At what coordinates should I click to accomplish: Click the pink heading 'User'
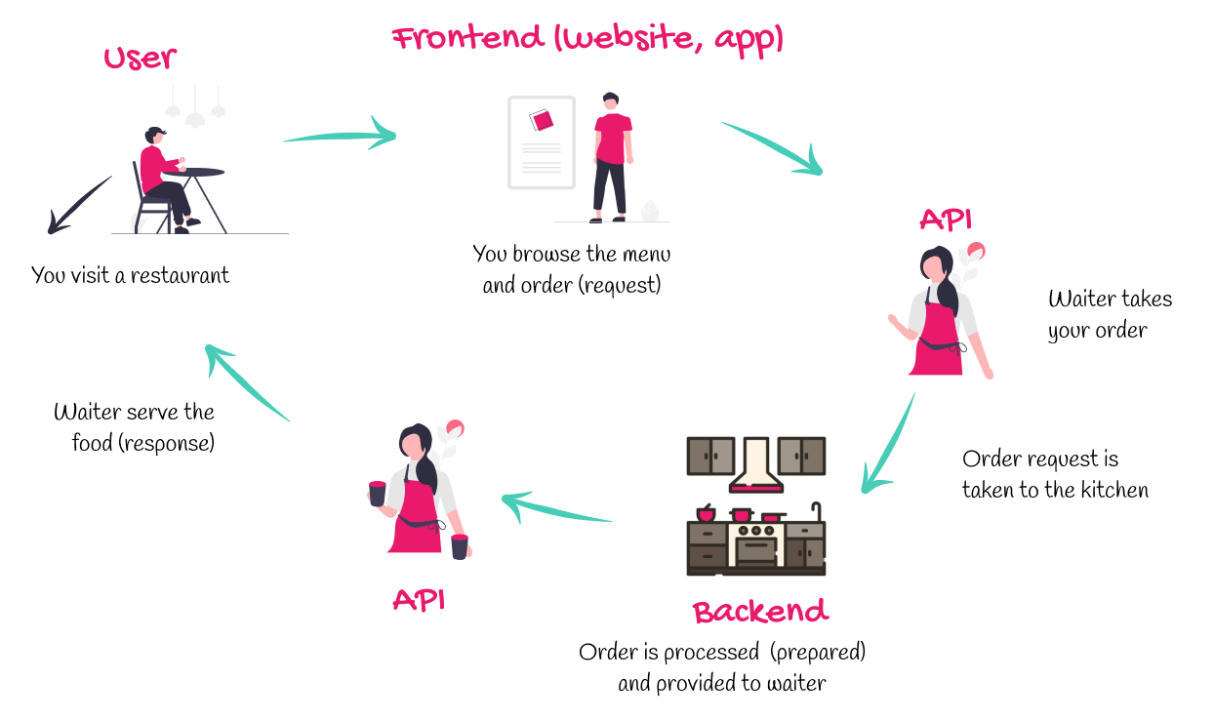141,58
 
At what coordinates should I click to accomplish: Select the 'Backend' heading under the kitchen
760,612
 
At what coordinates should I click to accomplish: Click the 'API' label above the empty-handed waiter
946,220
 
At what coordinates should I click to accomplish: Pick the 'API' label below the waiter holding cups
419,599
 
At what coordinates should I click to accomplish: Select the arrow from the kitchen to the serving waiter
556,508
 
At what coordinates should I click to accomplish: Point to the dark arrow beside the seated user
78,206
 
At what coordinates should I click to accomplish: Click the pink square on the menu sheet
542,120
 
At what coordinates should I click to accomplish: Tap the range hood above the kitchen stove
755,464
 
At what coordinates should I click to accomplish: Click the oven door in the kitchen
755,550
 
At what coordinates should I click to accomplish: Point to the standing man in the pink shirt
612,156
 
